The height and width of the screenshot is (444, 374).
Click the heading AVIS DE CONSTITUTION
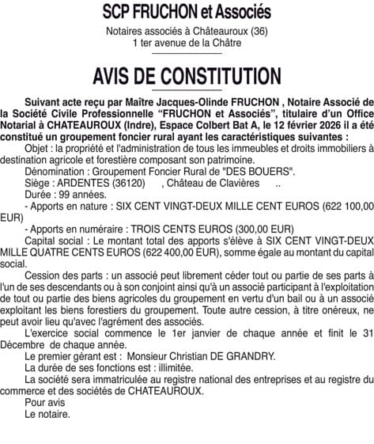point(187,77)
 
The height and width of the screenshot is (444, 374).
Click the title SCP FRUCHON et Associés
point(187,13)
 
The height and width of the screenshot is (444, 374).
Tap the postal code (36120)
point(123,183)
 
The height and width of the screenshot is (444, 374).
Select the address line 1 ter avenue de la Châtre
point(187,43)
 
